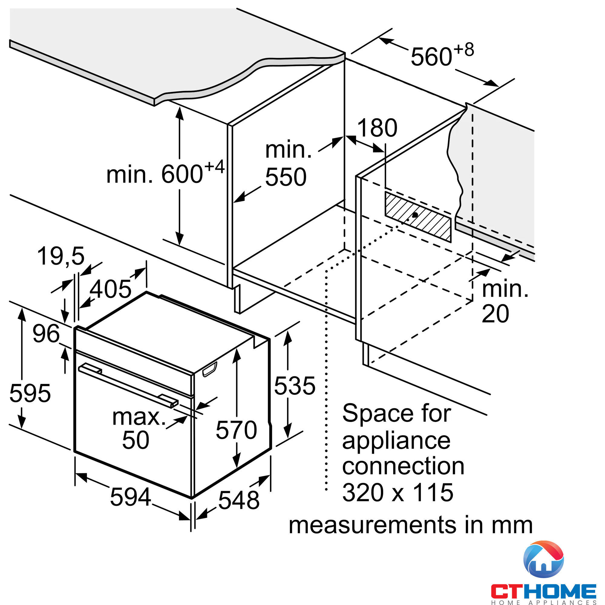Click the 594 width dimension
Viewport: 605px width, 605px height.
click(131, 497)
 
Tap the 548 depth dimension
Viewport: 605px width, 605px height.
click(239, 500)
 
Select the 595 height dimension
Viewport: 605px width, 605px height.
click(30, 393)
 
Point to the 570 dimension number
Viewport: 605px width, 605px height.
click(237, 430)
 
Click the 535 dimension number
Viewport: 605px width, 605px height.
click(295, 386)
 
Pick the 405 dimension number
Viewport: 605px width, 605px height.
click(110, 289)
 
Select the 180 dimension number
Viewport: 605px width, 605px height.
click(377, 128)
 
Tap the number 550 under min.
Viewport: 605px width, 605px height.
click(286, 177)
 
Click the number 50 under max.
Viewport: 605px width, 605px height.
click(136, 440)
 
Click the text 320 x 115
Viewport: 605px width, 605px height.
click(398, 492)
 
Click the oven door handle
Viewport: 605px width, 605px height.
click(128, 386)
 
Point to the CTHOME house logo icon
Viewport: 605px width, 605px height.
click(543, 559)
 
